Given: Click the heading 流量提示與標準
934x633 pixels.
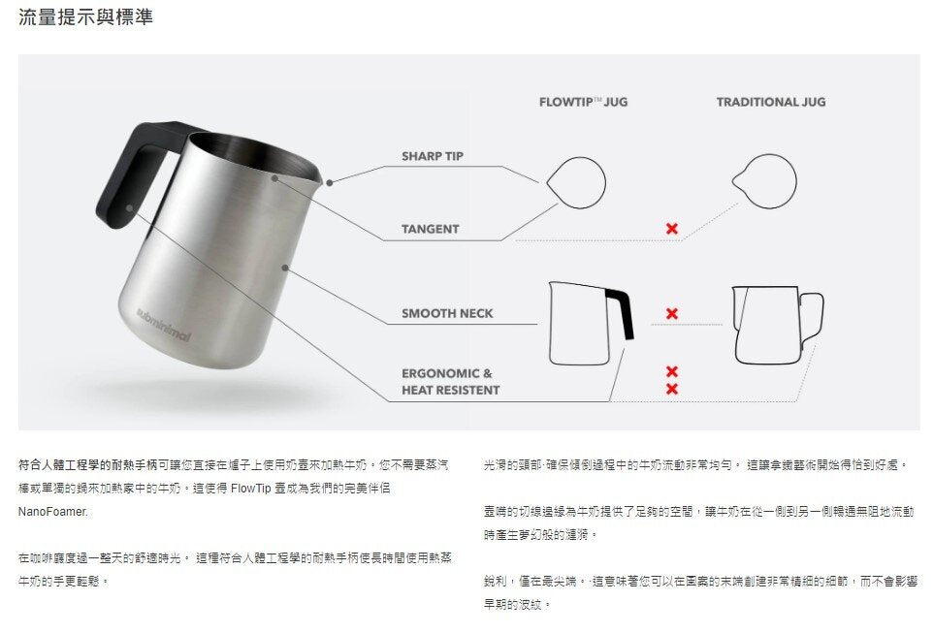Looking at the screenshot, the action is tap(85, 16).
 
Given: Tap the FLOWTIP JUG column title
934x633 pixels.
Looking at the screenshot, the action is tap(583, 102).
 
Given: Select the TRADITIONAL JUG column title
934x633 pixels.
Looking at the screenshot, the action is tap(771, 102).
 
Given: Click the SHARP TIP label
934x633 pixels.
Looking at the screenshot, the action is tap(433, 156).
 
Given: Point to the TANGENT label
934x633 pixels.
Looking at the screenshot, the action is tap(430, 229).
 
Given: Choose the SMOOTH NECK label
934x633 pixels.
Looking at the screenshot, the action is tap(447, 313).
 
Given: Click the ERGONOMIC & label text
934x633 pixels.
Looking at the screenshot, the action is tap(447, 373).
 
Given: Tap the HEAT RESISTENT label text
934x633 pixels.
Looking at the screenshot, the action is tap(451, 390).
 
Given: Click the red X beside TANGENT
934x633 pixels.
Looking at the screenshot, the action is tap(672, 229).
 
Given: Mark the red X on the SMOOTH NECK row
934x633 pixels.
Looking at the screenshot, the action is tap(672, 314).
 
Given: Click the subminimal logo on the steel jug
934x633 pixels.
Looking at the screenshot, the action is tap(163, 325).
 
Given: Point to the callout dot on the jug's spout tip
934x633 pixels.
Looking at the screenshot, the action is tap(330, 183).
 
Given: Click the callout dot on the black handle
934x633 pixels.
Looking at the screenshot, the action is tap(130, 207).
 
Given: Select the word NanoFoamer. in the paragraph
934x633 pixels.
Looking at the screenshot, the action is tap(53, 512).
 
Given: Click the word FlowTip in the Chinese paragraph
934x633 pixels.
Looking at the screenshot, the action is tap(251, 489).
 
